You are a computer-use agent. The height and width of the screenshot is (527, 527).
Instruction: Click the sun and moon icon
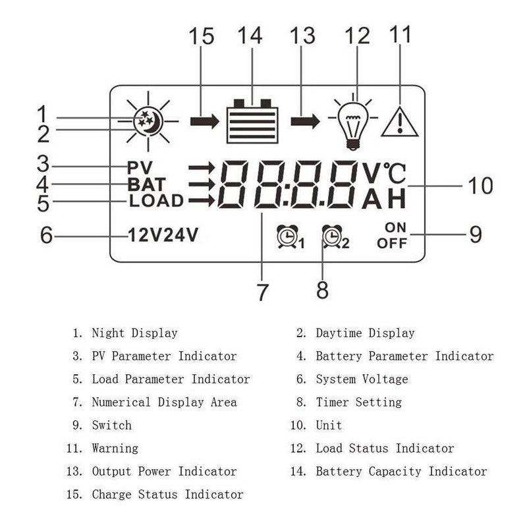click(x=148, y=121)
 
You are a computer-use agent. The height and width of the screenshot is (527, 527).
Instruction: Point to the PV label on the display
click(x=140, y=168)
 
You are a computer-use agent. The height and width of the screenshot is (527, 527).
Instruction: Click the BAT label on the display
click(x=146, y=184)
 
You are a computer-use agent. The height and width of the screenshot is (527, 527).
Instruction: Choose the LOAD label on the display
click(x=156, y=201)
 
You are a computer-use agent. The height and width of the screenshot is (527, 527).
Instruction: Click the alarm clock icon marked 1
click(x=287, y=236)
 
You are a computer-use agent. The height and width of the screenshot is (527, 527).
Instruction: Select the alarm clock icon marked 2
click(x=332, y=236)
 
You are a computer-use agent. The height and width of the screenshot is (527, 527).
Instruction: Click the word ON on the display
click(x=396, y=228)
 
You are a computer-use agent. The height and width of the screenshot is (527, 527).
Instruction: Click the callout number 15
click(x=202, y=36)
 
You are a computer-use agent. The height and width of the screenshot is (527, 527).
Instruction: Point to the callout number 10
click(x=480, y=186)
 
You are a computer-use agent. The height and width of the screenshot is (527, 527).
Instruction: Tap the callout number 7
click(x=263, y=292)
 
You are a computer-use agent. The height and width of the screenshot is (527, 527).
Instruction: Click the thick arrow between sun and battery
click(x=204, y=122)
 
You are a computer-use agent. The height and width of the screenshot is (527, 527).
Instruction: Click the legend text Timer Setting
click(x=358, y=402)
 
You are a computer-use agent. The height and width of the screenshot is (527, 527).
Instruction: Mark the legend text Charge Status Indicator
click(x=167, y=494)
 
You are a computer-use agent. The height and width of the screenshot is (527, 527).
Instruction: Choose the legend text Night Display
click(x=134, y=333)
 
